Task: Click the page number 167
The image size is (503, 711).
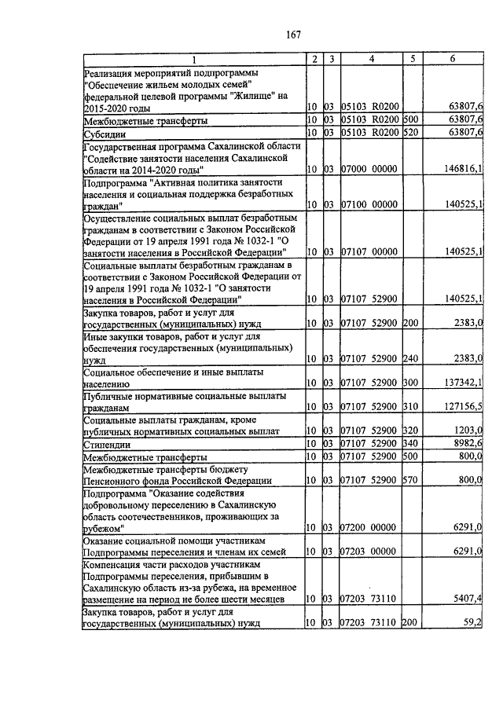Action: [x=295, y=34]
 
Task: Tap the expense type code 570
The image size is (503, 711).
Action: [x=409, y=479]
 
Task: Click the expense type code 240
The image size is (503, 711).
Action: [x=409, y=358]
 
